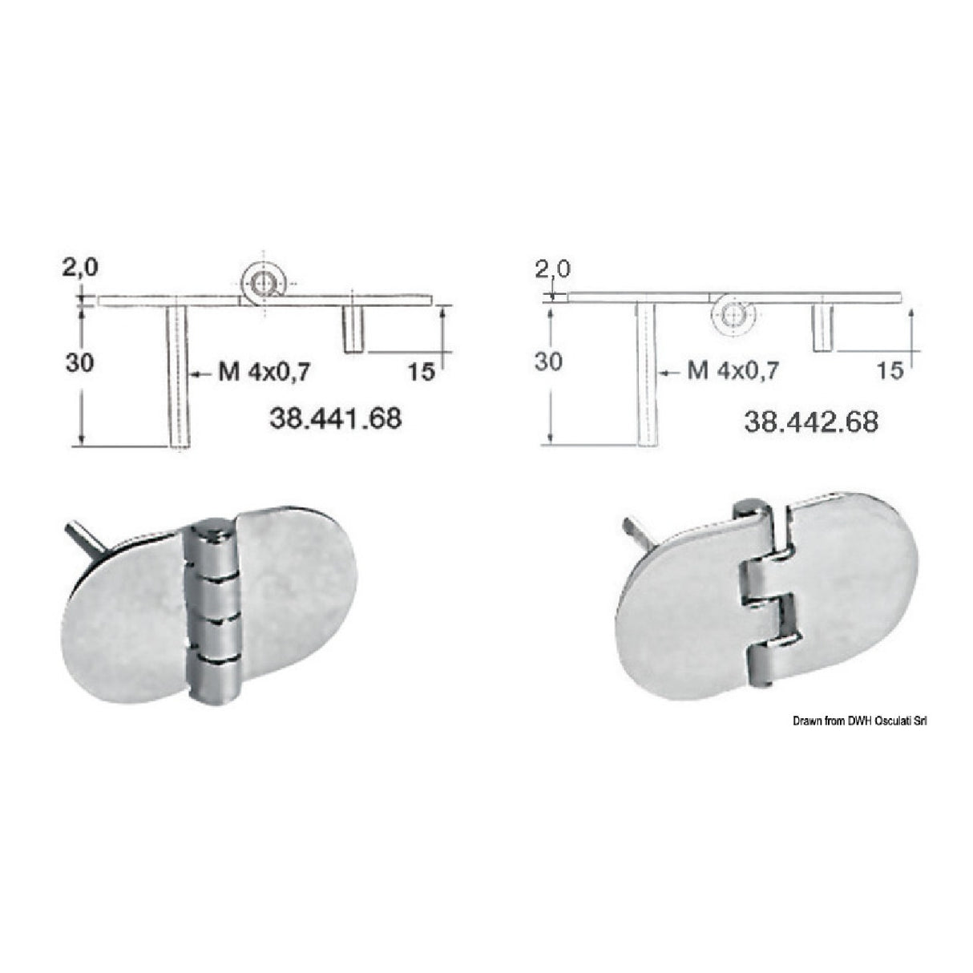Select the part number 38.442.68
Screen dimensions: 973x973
pyautogui.click(x=810, y=421)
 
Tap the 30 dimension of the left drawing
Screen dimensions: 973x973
pyautogui.click(x=79, y=363)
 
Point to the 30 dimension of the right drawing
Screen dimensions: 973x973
pyautogui.click(x=548, y=362)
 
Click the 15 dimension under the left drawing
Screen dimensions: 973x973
pyautogui.click(x=420, y=371)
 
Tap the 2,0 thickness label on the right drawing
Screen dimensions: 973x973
pyautogui.click(x=552, y=268)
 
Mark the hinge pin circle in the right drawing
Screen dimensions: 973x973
pyautogui.click(x=733, y=316)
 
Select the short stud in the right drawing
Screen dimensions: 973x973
pyautogui.click(x=821, y=328)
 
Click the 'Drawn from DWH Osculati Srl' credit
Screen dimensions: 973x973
pyautogui.click(x=860, y=722)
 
